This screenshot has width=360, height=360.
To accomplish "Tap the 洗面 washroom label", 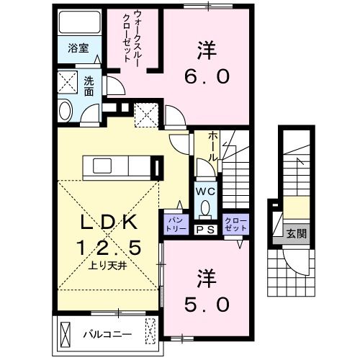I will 89,86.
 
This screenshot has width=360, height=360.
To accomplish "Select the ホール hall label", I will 213,145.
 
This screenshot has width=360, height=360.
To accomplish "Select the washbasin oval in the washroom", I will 63,111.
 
